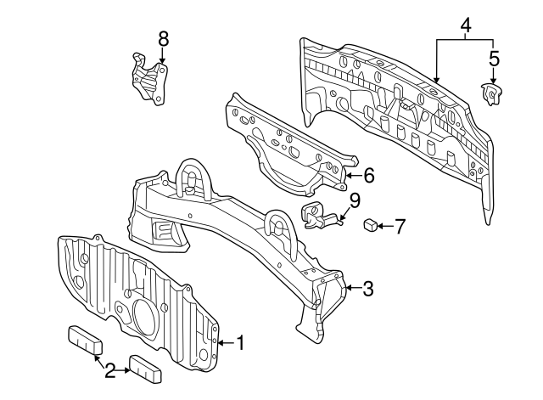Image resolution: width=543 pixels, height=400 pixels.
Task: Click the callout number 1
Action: pyautogui.click(x=240, y=343)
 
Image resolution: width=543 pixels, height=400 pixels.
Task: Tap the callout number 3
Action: pyautogui.click(x=367, y=289)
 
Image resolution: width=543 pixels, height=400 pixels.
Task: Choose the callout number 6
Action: pyautogui.click(x=368, y=176)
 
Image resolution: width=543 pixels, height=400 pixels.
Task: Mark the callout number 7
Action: pyautogui.click(x=400, y=226)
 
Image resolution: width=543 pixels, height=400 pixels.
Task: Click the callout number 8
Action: pyautogui.click(x=163, y=37)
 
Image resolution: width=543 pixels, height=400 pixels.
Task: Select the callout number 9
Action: pyautogui.click(x=355, y=200)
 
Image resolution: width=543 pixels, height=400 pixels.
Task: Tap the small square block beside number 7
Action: pyautogui.click(x=371, y=225)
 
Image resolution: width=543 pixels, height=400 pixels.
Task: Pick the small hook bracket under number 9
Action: pyautogui.click(x=318, y=217)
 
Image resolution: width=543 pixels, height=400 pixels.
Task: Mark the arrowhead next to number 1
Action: pyautogui.click(x=222, y=343)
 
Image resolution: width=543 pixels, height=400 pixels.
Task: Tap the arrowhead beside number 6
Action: pyautogui.click(x=351, y=177)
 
